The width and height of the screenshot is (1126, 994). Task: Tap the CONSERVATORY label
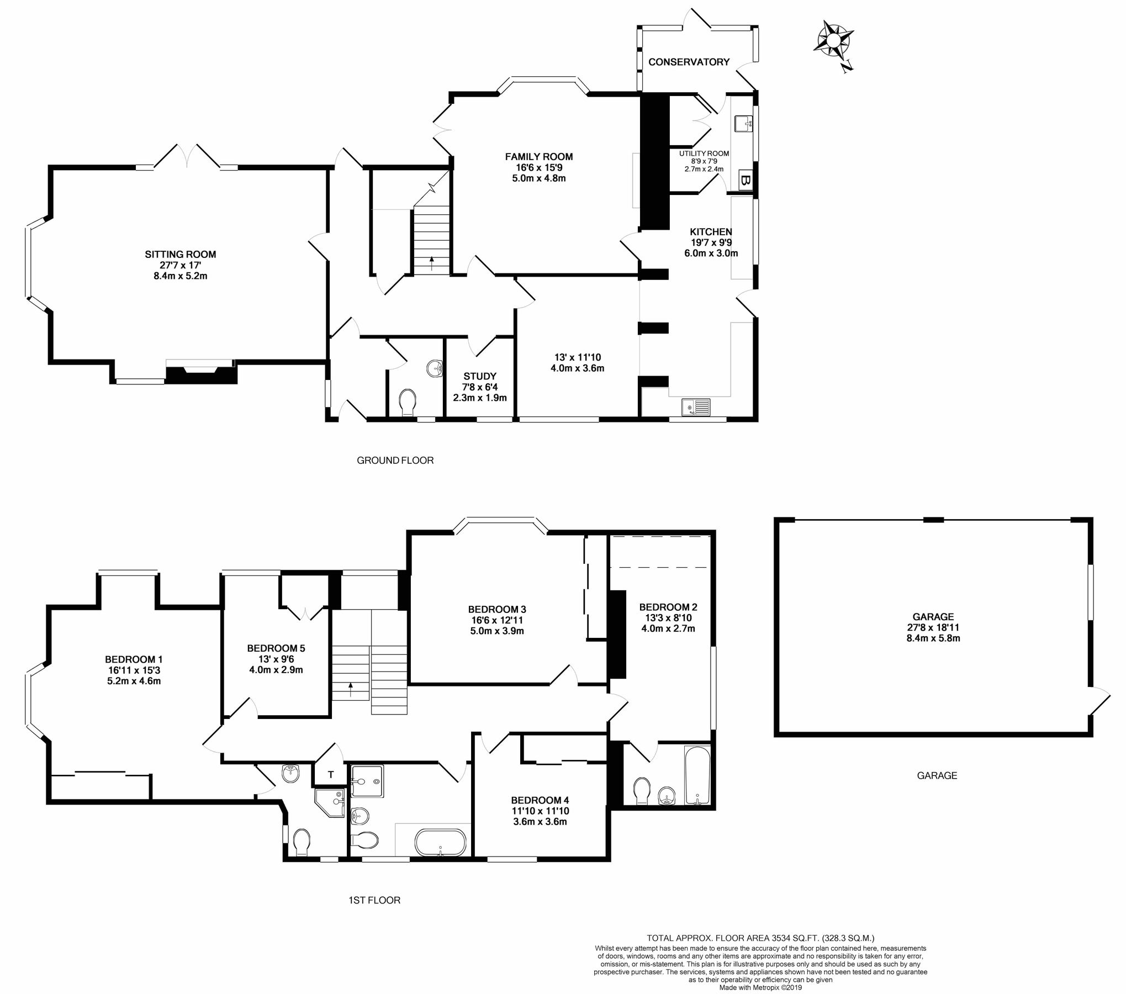coord(689,62)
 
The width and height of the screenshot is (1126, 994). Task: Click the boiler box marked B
coord(744,180)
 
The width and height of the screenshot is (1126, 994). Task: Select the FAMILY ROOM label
coord(538,157)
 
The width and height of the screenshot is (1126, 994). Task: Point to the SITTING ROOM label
coord(180,255)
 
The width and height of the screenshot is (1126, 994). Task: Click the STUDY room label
coord(479,376)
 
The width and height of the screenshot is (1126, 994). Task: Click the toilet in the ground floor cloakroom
coord(408,401)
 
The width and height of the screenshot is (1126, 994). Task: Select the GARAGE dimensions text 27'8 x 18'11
coord(933,627)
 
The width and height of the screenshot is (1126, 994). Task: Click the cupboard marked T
coord(330,775)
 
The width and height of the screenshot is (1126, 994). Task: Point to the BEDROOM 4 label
coord(540,800)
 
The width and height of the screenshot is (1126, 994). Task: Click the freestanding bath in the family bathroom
coord(440,842)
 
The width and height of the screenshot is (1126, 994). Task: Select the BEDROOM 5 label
coord(276,648)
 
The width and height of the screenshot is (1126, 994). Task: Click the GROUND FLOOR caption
coord(395,460)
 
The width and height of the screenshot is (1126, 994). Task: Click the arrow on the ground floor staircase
coord(431,261)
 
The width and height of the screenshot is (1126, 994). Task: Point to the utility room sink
coord(744,124)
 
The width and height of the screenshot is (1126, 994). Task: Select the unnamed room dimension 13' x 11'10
coord(577,357)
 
